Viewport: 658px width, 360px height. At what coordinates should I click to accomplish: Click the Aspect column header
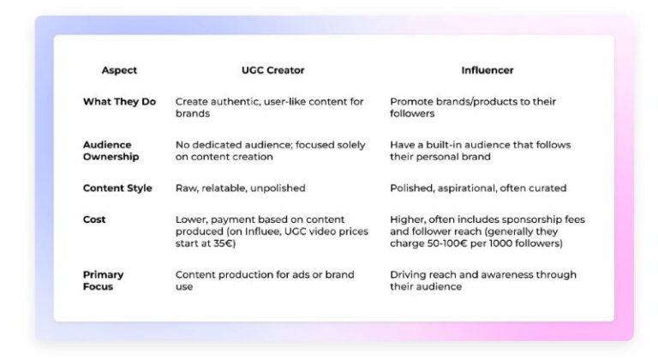[x=119, y=70]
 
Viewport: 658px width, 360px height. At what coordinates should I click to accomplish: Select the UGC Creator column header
[x=272, y=70]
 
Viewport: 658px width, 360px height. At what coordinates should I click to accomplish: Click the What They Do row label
[x=119, y=101]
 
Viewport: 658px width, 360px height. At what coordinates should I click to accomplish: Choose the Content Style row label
[x=117, y=188]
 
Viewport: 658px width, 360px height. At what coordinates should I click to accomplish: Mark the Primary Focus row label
[x=103, y=280]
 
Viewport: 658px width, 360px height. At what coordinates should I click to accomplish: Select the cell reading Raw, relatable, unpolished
[x=240, y=188]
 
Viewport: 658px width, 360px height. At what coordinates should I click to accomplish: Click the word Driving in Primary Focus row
[x=408, y=274]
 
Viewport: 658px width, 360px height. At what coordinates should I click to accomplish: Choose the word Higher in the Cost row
[x=407, y=219]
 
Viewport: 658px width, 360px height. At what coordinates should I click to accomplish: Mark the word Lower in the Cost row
[x=191, y=219]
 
